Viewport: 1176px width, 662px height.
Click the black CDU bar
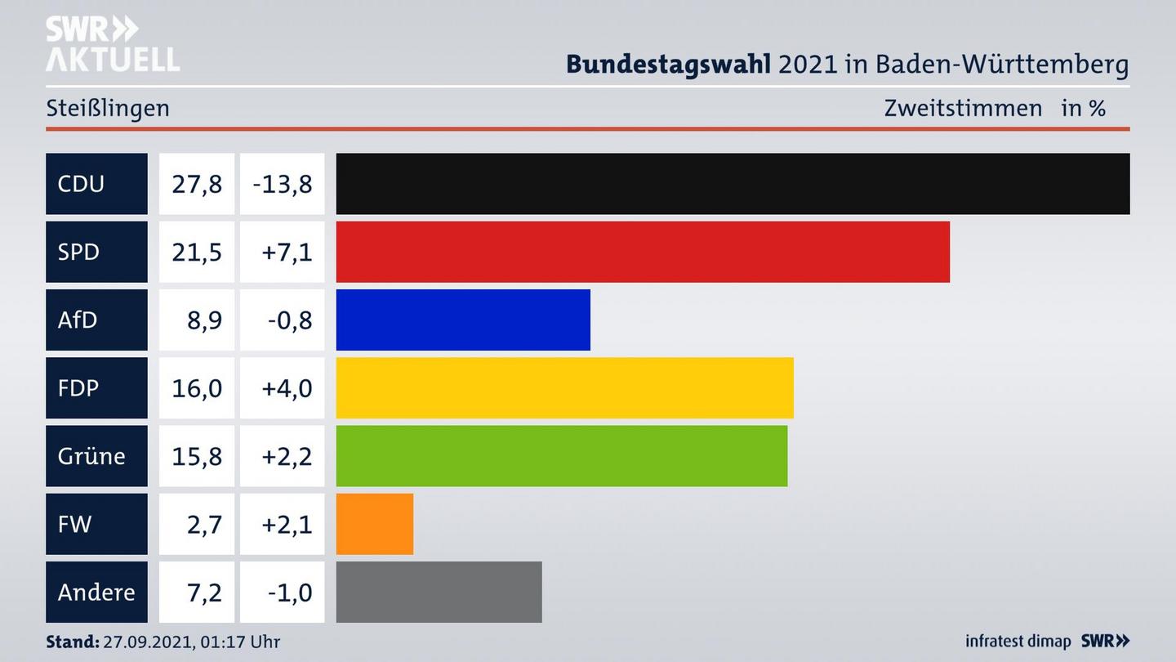[x=733, y=184]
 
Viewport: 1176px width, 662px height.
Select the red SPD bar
[x=643, y=252]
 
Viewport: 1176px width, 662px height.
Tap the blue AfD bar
[x=463, y=320]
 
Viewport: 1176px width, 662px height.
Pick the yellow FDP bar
[x=564, y=387]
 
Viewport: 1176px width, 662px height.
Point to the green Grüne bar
[x=562, y=455]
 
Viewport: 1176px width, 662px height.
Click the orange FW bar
[x=375, y=524]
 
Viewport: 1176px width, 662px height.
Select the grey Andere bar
[x=439, y=592]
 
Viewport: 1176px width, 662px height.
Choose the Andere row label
[x=96, y=592]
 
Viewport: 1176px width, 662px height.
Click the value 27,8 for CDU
[x=197, y=184]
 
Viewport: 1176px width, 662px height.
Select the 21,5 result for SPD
[x=197, y=252]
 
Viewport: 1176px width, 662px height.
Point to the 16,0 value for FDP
[x=197, y=387]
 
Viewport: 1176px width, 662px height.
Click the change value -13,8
[x=283, y=184]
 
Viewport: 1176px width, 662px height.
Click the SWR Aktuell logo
[x=112, y=44]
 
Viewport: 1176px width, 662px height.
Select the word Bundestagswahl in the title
[x=668, y=65]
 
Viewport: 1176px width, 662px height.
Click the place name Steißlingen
[x=108, y=108]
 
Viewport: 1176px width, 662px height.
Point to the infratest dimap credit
[x=1018, y=642]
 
